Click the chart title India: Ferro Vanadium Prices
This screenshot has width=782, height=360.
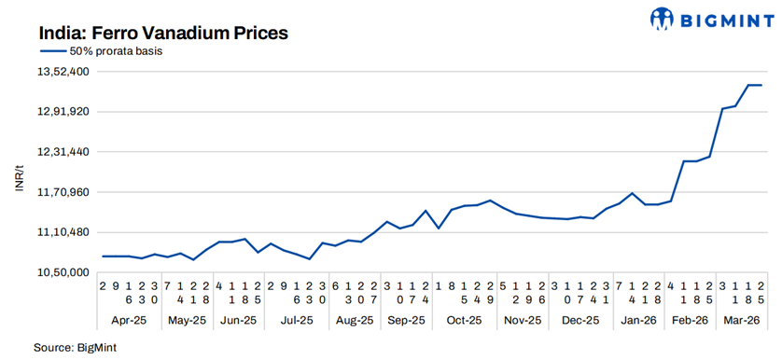tap(163, 33)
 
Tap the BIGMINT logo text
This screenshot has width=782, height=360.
tap(722, 18)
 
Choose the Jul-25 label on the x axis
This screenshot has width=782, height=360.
tap(296, 319)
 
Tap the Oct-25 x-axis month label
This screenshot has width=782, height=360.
tap(464, 319)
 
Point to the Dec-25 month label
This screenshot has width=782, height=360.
tap(580, 319)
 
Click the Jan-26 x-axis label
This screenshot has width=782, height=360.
tap(638, 319)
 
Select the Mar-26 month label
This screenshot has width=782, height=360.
tap(741, 319)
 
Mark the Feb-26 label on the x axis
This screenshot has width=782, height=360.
tap(691, 319)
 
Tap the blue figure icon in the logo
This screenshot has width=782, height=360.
tap(663, 18)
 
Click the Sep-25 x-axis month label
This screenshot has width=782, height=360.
tap(405, 319)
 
